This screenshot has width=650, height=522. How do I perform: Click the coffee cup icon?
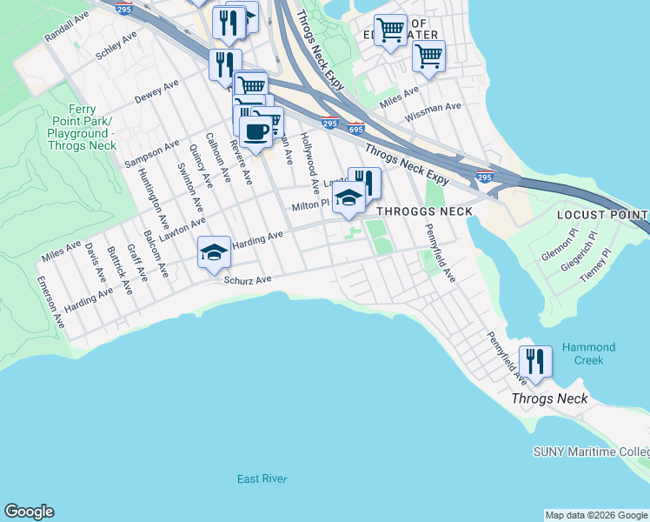click(255, 132)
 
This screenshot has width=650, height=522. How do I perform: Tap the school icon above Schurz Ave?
click(214, 252)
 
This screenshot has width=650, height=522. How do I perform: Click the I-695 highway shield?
click(355, 127)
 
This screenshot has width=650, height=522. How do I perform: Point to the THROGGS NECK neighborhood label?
click(424, 211)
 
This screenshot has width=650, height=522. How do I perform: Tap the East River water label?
click(262, 479)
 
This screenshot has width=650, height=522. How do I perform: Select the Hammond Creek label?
click(588, 353)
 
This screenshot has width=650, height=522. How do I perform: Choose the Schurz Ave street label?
click(248, 279)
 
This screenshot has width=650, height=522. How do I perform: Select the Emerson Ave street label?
click(51, 302)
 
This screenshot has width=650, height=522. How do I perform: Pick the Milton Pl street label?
click(310, 205)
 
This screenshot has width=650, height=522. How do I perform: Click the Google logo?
click(29, 512)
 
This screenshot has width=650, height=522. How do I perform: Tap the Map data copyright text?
click(596, 515)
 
